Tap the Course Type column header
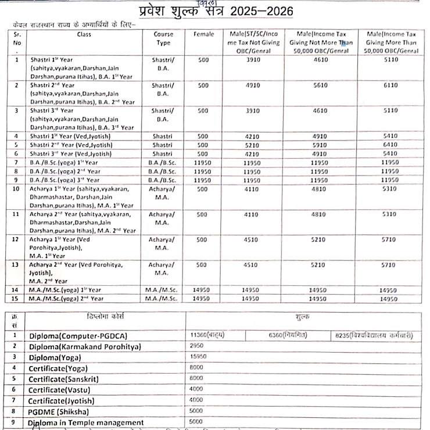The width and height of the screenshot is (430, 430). click(163, 38)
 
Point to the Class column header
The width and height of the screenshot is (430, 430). click(84, 34)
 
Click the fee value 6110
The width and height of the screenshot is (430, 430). click(390, 85)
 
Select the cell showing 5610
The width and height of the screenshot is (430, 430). click(323, 85)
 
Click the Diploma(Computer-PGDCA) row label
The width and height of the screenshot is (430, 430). click(78, 336)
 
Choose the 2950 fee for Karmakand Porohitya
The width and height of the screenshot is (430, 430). click(196, 345)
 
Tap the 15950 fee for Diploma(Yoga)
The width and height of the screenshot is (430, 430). click(198, 356)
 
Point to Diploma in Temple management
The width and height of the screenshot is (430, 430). click(86, 422)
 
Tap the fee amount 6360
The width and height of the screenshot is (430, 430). click(287, 335)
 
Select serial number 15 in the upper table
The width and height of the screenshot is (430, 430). click(16, 298)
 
